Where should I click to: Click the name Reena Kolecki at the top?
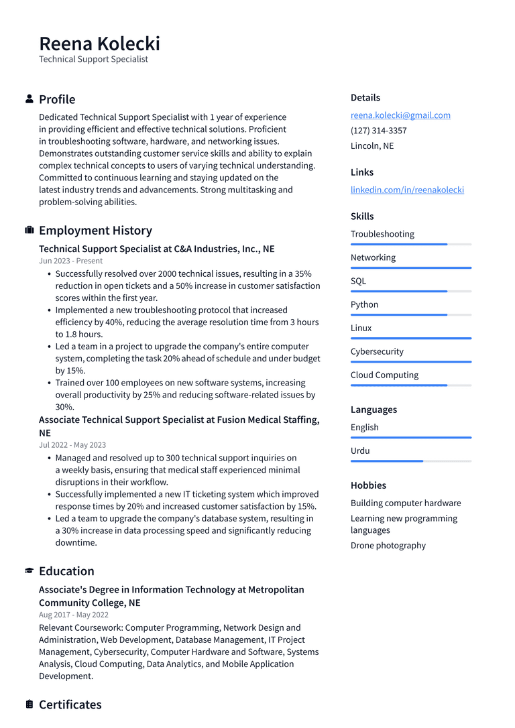tap(99, 44)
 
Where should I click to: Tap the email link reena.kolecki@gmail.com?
tap(400, 115)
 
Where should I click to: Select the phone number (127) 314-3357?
tap(378, 131)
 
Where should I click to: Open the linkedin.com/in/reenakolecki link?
tap(407, 190)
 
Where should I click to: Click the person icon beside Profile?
tap(30, 99)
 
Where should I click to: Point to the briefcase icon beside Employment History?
tap(30, 231)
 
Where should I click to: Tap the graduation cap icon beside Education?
tap(30, 571)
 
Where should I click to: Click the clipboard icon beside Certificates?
tap(30, 705)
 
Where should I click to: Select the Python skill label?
tap(364, 304)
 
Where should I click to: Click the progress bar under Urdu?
tap(410, 461)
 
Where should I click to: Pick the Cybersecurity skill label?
tap(377, 351)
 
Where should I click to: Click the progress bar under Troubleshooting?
tap(410, 245)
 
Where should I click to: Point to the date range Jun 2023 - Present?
tap(70, 261)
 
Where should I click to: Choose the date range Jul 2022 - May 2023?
tap(72, 445)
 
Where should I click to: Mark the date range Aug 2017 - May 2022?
tap(74, 615)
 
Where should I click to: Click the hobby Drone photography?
tap(388, 546)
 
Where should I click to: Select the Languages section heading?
tap(374, 410)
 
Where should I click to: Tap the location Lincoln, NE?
tap(372, 146)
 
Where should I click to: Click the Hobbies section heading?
tap(368, 485)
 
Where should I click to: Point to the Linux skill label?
tap(361, 328)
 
